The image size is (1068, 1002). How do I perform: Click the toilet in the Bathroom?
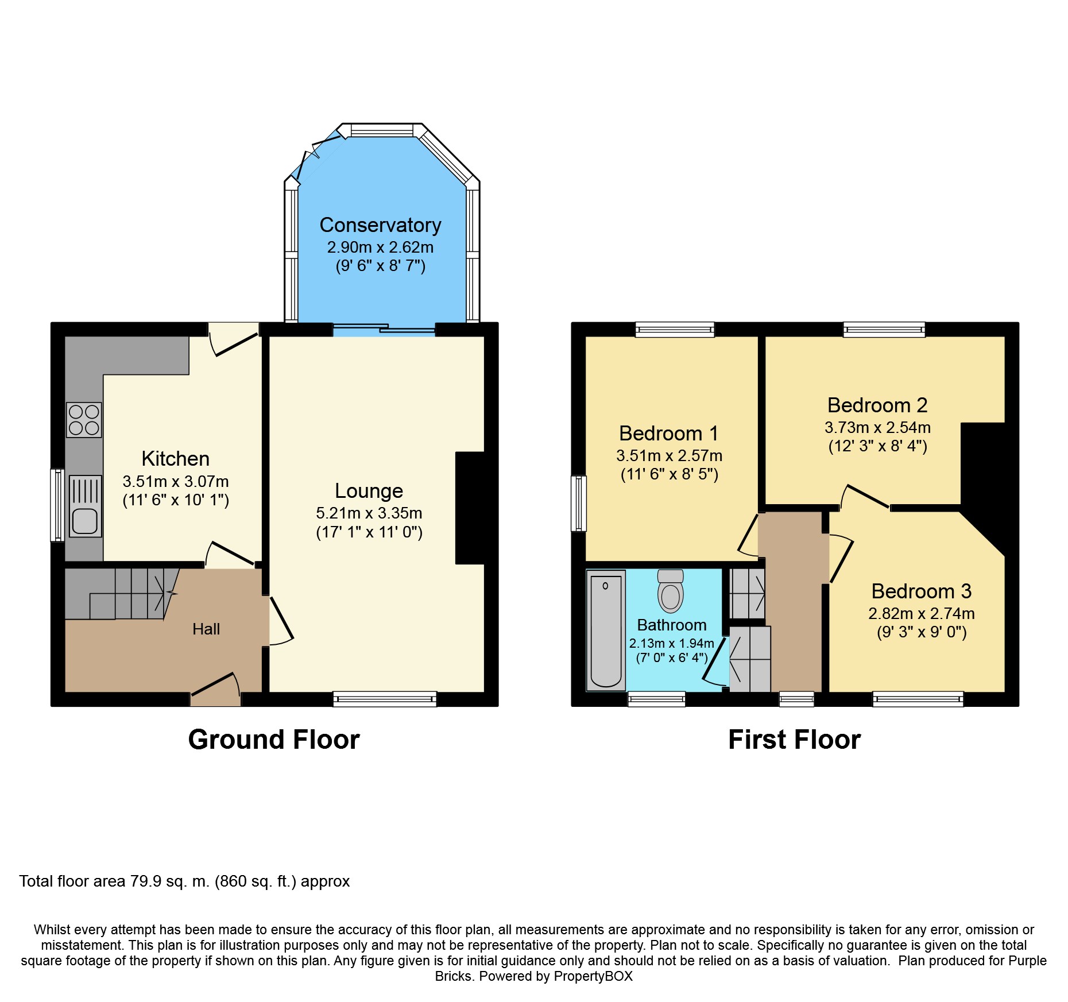pos(671,591)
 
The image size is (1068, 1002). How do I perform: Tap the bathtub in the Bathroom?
pos(606,630)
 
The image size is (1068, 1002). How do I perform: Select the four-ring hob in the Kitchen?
pos(84,420)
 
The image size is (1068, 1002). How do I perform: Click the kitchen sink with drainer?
pos(85,506)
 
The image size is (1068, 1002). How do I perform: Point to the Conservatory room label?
pos(380,225)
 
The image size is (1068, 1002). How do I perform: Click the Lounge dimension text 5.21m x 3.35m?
pos(369,513)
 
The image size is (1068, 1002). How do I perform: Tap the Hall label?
pos(206,629)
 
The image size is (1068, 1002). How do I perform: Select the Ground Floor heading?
pos(274,740)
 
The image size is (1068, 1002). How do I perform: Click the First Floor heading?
pos(795,740)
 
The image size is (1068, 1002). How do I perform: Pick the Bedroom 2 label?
pos(877,405)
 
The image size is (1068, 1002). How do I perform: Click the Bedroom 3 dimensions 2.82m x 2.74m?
pos(922,614)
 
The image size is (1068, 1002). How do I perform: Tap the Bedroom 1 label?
pos(669,434)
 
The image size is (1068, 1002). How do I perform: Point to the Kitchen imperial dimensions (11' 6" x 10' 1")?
pos(176,500)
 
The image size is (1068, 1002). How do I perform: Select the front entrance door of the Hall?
pos(215,689)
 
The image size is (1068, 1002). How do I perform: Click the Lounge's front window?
pos(385,699)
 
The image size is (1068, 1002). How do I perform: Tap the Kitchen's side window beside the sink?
pos(57,505)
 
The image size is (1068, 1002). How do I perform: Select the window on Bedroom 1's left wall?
pos(579,504)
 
